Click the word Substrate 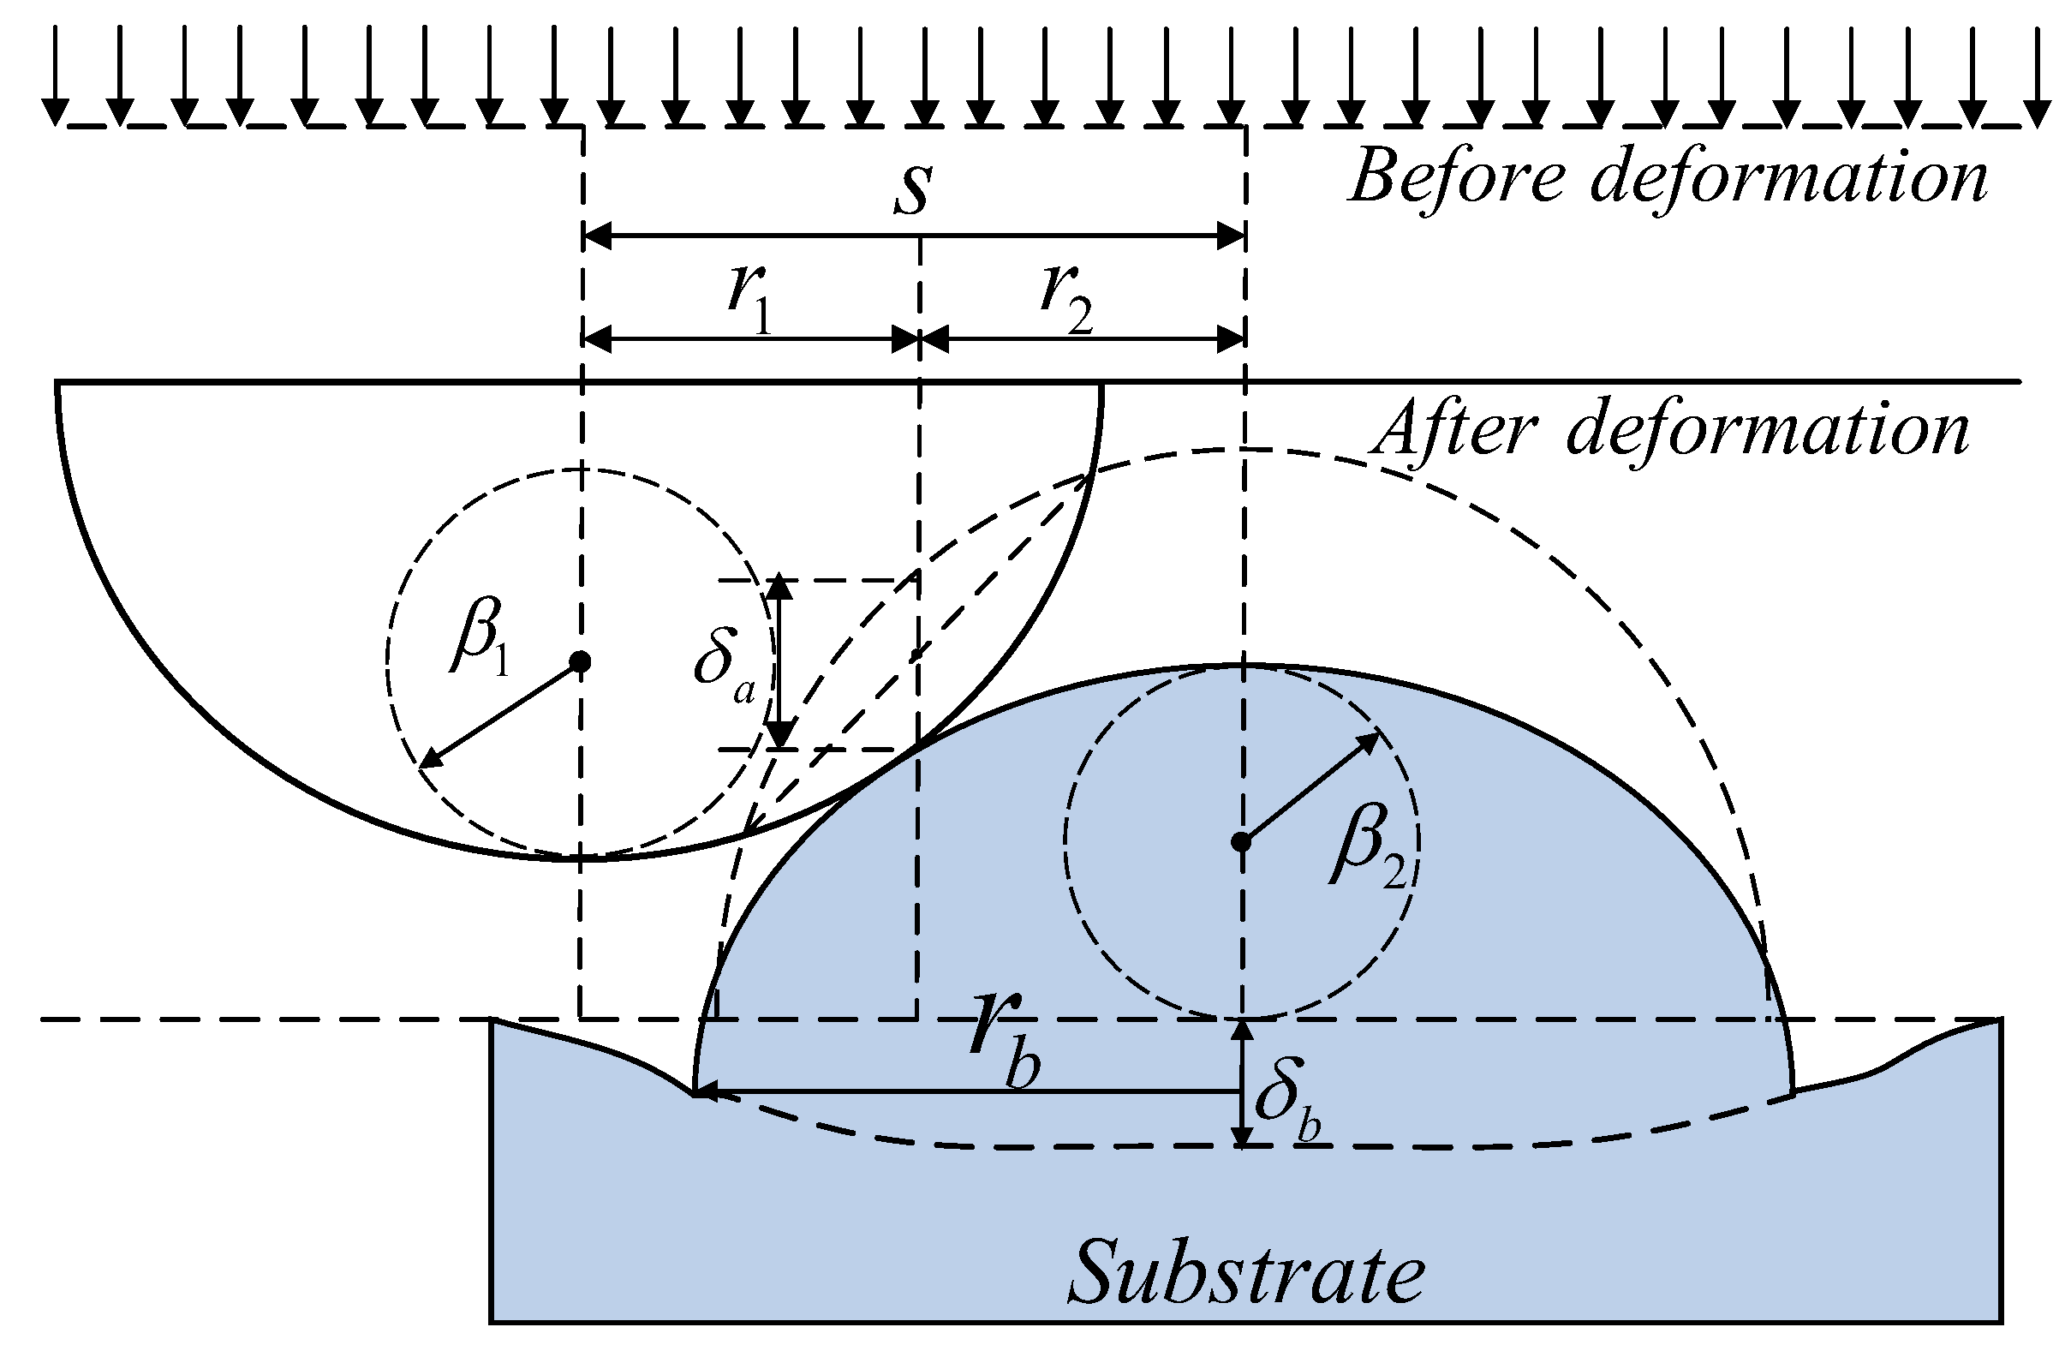pyautogui.click(x=1246, y=1272)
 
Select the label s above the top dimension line pyautogui.click(x=914, y=188)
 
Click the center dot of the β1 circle pyautogui.click(x=580, y=661)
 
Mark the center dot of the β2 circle pyautogui.click(x=1242, y=842)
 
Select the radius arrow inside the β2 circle pyautogui.click(x=1310, y=788)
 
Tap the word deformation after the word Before pyautogui.click(x=1788, y=176)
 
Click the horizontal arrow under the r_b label pyautogui.click(x=966, y=1091)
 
